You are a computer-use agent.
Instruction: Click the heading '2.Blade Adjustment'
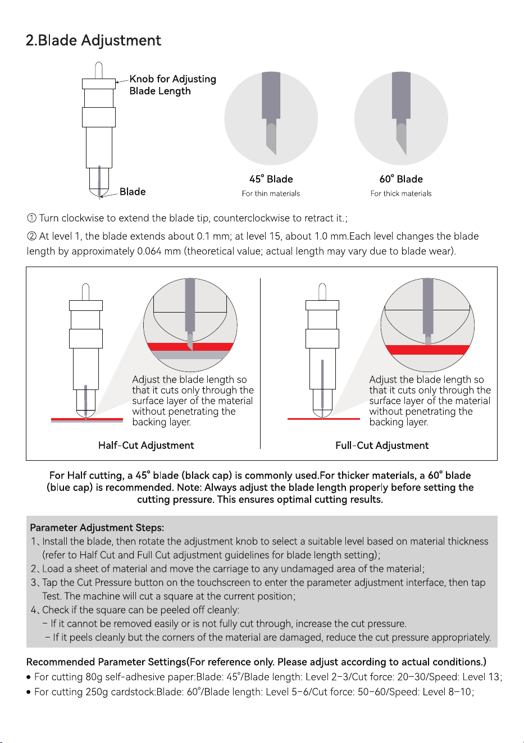point(93,41)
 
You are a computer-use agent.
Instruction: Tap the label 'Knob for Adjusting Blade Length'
point(172,85)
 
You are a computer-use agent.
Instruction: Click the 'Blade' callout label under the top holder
point(133,192)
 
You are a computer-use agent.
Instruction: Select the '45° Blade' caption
point(271,179)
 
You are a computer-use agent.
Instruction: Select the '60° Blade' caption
point(401,179)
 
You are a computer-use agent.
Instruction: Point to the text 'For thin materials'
point(271,194)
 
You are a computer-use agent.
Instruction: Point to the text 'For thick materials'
point(401,194)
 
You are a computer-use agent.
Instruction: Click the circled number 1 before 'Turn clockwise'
point(31,218)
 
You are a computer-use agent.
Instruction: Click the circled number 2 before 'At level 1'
point(31,236)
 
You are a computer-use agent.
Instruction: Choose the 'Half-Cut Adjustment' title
point(146,445)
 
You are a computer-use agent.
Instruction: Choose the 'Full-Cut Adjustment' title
point(382,445)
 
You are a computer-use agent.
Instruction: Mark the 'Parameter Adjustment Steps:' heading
point(97,528)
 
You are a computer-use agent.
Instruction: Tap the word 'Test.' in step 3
point(52,597)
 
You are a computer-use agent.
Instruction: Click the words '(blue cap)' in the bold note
point(70,488)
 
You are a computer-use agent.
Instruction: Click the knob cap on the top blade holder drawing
point(99,84)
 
